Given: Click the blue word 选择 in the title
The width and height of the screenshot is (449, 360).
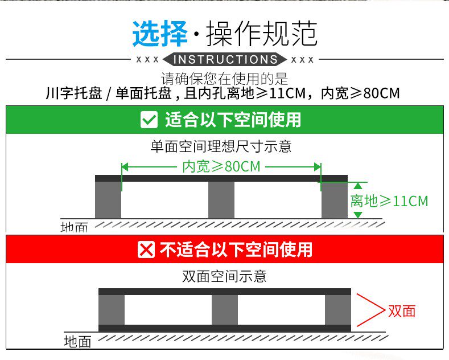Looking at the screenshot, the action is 160,34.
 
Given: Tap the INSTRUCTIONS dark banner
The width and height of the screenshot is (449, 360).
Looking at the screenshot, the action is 225,59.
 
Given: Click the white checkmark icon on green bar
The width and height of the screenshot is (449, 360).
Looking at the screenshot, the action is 149,120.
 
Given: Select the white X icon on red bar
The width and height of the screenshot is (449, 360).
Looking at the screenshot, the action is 146,249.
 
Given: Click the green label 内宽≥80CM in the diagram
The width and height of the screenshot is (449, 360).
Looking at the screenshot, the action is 221,166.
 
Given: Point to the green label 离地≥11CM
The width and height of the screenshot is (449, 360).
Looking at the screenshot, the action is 389,201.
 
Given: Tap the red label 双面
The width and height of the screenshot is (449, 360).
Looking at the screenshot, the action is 402,310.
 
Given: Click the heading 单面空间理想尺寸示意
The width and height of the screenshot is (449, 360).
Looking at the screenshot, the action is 221,146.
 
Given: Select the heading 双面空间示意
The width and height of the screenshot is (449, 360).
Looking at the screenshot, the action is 224,277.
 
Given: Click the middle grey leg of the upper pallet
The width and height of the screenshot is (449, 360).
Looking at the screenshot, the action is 221,199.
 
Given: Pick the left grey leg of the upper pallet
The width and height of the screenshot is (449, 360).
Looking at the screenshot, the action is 108,199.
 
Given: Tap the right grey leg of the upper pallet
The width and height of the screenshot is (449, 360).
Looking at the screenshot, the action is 334,199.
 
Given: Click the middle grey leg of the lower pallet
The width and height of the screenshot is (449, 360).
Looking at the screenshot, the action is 224,310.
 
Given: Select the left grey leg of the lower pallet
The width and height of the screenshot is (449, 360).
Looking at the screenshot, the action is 112,310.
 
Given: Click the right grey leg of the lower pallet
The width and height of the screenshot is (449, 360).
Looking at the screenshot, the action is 338,310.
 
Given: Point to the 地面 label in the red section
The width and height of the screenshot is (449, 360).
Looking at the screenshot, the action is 77,342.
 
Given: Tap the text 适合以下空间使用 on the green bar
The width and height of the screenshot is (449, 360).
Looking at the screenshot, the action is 233,120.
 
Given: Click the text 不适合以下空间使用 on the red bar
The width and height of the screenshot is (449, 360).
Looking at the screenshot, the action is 236,249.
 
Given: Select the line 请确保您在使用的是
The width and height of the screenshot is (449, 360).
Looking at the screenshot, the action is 224,79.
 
